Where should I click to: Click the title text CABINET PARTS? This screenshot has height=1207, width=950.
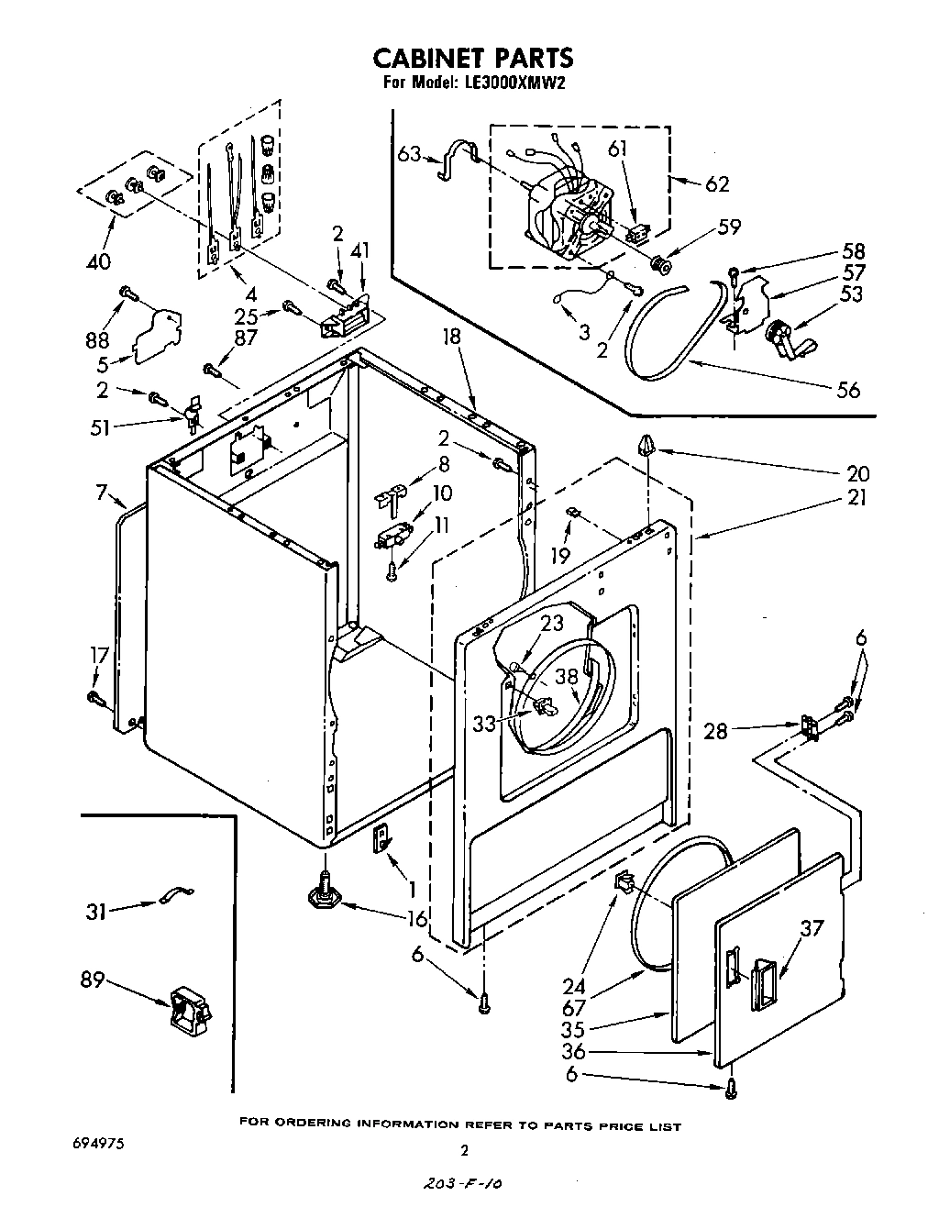point(472,59)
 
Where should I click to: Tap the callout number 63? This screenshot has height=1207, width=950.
point(410,153)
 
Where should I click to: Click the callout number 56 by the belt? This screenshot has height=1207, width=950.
point(848,390)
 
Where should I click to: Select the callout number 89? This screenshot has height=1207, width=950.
point(94,980)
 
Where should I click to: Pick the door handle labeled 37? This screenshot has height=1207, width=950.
point(762,981)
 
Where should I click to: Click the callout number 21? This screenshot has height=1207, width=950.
point(857,499)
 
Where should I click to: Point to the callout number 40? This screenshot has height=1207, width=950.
point(97,261)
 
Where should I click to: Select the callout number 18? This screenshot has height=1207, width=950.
point(452,338)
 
